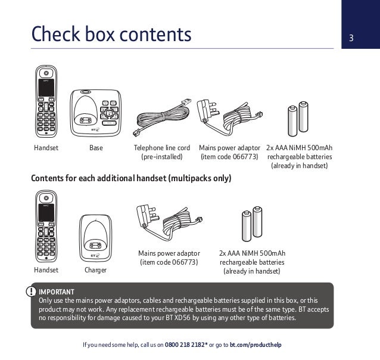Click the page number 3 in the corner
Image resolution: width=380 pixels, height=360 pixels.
(351, 40)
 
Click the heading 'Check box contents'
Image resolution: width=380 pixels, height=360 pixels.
(111, 35)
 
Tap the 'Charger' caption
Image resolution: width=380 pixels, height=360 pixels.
(96, 270)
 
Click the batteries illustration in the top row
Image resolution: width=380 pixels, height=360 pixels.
(298, 117)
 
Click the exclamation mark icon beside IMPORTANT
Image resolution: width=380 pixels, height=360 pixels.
(31, 291)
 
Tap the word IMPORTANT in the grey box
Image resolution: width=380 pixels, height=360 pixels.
(57, 291)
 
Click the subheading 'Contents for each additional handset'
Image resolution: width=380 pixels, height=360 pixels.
(130, 178)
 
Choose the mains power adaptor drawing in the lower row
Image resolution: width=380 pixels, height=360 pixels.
(170, 224)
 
